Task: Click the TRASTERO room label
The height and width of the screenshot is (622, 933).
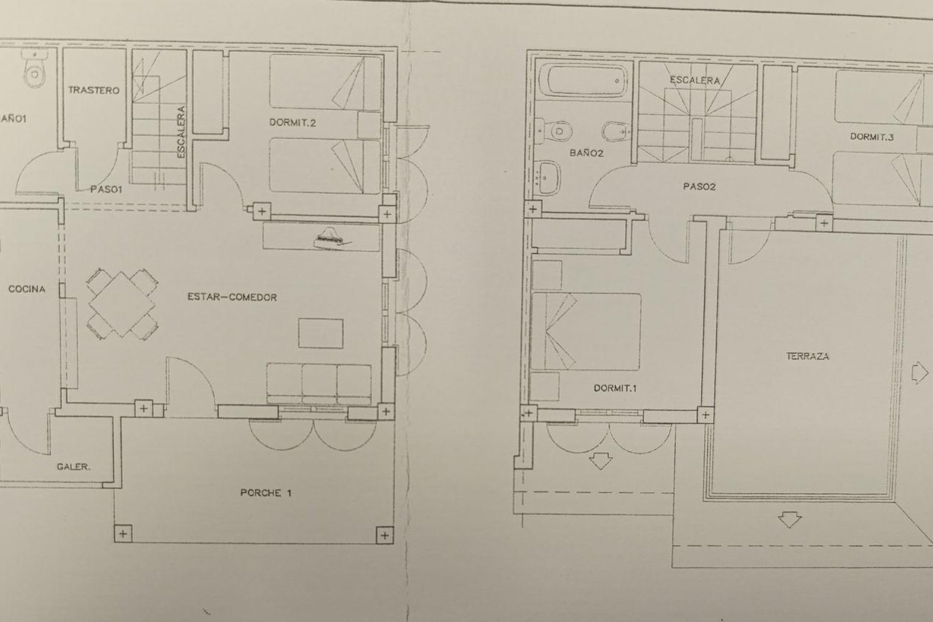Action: [94, 90]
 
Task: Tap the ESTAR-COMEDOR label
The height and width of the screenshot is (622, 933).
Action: [232, 297]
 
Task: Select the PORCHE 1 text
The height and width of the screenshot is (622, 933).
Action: [266, 493]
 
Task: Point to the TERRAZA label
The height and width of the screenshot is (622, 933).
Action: [808, 356]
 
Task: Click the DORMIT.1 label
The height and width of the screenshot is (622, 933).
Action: [615, 388]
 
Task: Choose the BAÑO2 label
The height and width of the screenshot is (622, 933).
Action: [587, 153]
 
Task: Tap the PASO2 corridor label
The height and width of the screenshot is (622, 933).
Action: [699, 187]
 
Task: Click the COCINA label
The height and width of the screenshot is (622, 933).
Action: [27, 289]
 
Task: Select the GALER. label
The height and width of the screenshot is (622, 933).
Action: [73, 467]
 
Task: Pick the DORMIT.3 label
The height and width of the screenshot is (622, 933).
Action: [872, 137]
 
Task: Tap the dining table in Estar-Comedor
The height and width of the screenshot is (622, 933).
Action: [121, 304]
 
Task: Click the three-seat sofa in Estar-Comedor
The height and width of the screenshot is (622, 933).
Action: [319, 383]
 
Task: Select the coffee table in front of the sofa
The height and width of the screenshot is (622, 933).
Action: [321, 333]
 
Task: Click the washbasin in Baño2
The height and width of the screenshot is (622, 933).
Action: [549, 178]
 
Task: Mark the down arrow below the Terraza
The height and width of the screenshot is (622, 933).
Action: [789, 521]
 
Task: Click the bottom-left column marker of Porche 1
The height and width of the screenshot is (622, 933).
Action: [123, 535]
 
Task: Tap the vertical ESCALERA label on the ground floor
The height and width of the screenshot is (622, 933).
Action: [181, 132]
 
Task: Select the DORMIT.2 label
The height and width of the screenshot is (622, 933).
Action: [293, 122]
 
